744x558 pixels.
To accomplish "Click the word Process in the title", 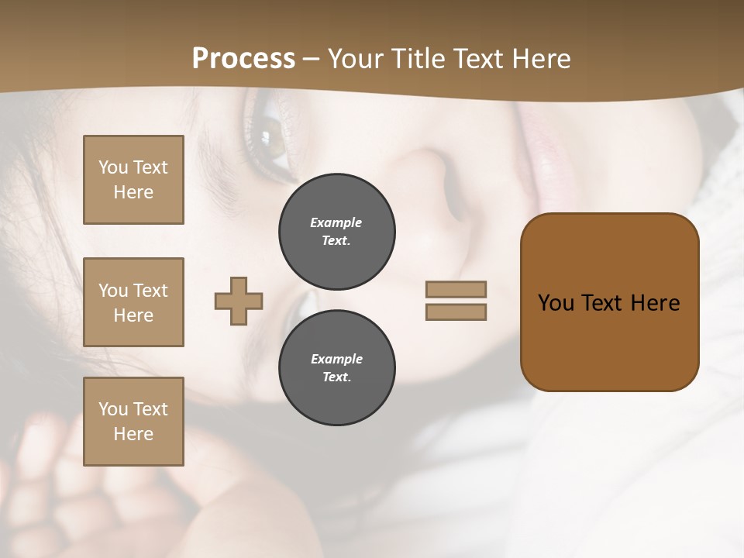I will (x=243, y=59).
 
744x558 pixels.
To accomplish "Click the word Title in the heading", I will (x=420, y=59).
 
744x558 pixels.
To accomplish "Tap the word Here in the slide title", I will (x=539, y=59).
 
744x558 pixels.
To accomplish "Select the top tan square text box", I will (x=133, y=180).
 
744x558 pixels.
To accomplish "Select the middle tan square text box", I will (x=133, y=302).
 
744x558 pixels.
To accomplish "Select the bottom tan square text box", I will (x=133, y=422).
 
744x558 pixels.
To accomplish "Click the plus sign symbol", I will (x=239, y=301).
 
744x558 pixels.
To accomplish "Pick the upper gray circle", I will (x=337, y=232).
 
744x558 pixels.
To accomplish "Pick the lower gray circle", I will (x=337, y=368).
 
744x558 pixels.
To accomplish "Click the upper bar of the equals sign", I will (x=456, y=289).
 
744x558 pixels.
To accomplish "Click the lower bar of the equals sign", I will (x=456, y=312).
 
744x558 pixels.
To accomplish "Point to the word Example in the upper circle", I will (x=336, y=222).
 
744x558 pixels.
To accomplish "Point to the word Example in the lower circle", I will (x=336, y=359).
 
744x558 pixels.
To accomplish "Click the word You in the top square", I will (x=113, y=167).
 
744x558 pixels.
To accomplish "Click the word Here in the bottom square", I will (x=133, y=434).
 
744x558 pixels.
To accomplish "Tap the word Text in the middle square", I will (x=150, y=291).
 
